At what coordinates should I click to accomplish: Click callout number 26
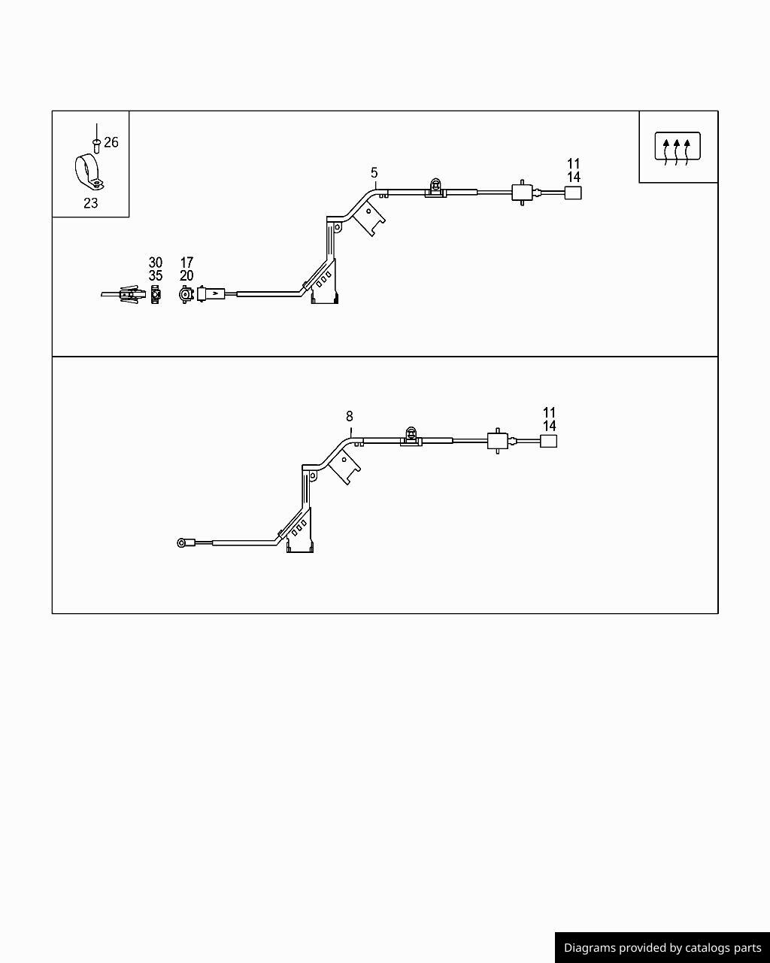[x=111, y=142]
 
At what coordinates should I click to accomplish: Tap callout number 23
[x=90, y=203]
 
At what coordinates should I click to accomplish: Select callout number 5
[x=374, y=173]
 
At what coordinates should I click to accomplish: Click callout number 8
[x=350, y=417]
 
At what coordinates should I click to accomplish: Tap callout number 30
[x=155, y=263]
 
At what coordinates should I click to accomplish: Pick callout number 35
[x=155, y=275]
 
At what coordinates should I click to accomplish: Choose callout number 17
[x=186, y=263]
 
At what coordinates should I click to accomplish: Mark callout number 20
[x=186, y=275]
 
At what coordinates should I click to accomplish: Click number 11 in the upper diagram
[x=574, y=164]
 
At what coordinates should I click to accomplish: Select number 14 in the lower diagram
[x=550, y=426]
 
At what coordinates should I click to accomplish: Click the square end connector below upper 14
[x=573, y=193]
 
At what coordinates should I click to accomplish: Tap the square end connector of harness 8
[x=548, y=441]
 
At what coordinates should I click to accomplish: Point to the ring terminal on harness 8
[x=182, y=543]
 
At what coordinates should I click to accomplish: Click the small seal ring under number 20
[x=186, y=294]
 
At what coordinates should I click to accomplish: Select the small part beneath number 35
[x=155, y=294]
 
